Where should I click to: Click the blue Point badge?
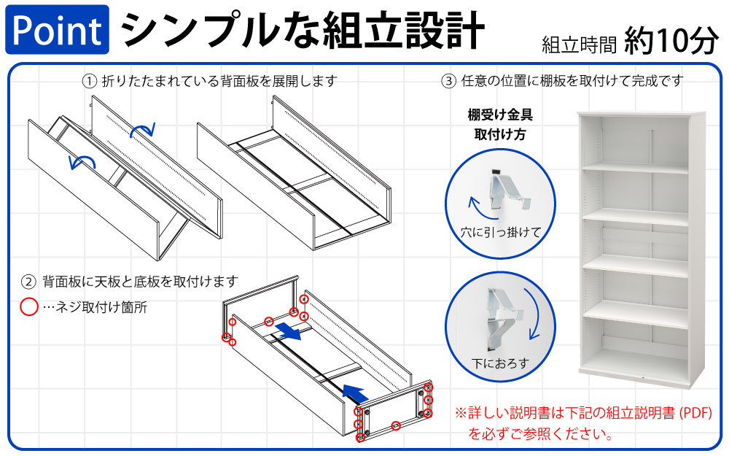click(57, 30)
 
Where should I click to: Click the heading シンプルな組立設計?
click(302, 30)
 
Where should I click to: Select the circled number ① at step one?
click(90, 81)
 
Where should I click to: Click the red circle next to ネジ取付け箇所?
click(28, 307)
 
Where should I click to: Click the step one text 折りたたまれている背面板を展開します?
click(219, 81)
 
